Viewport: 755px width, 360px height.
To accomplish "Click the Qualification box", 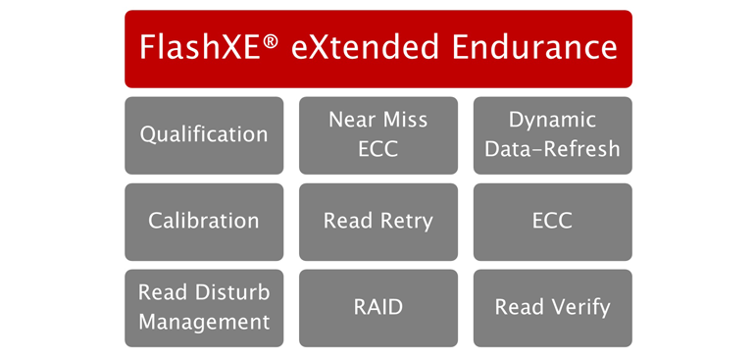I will tap(204, 134).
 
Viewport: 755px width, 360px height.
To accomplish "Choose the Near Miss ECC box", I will tap(378, 134).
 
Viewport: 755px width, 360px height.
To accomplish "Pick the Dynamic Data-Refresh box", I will tap(552, 134).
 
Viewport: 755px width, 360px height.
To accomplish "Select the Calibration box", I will tap(204, 221).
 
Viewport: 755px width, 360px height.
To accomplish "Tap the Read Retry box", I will tap(378, 221).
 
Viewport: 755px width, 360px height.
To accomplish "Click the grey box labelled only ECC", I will tap(552, 221).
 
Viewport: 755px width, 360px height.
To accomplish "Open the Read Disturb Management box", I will tap(204, 307).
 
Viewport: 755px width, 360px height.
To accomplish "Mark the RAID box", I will tap(378, 307).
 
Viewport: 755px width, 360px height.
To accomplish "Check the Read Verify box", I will tap(552, 307).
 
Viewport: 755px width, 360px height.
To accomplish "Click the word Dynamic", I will tap(552, 121).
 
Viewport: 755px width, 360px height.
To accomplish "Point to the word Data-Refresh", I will tap(552, 149).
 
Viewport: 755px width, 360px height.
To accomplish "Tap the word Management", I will tap(204, 322).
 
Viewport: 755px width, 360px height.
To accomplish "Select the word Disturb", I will tap(233, 292).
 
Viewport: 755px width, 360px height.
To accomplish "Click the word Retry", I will tap(406, 222).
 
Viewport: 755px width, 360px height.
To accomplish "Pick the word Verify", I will tap(580, 308).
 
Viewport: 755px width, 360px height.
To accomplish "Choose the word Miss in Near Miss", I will tap(407, 120).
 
